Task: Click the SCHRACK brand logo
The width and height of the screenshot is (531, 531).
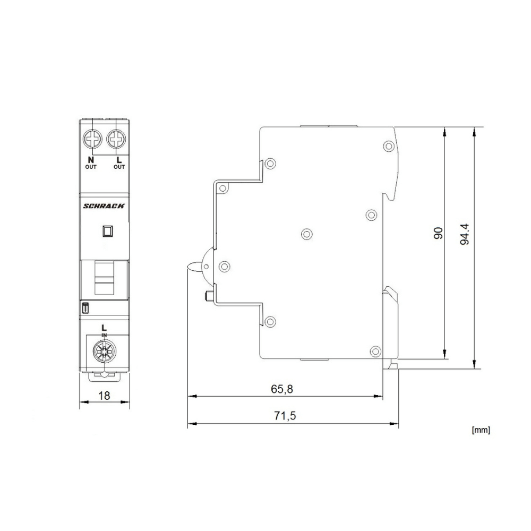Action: [x=105, y=207]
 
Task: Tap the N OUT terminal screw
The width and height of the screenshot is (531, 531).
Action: [x=92, y=141]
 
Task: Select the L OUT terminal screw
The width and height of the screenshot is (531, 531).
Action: [x=116, y=141]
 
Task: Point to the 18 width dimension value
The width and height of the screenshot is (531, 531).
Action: [x=104, y=395]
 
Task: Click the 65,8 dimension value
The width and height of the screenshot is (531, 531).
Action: [x=282, y=389]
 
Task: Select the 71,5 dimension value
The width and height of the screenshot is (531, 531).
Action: [x=285, y=416]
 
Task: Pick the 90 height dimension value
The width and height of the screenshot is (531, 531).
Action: [x=438, y=234]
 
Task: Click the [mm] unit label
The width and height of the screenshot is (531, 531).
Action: [x=481, y=430]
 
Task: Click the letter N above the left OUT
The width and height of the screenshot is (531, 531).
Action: [x=91, y=159]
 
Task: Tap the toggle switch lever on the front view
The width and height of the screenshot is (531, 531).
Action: [x=104, y=278]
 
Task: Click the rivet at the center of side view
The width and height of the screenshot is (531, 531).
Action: [x=306, y=234]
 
